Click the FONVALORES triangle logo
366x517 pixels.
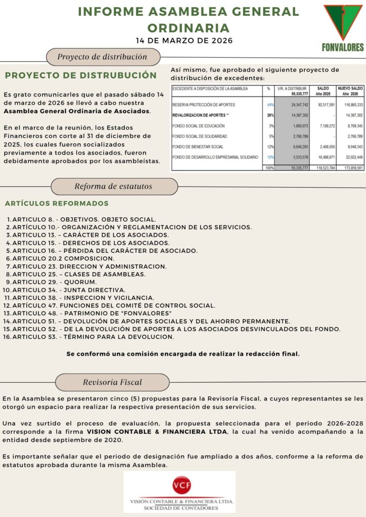tap(343, 23)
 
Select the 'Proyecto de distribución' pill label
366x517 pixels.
tap(102, 57)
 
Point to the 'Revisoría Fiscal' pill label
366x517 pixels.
tap(112, 382)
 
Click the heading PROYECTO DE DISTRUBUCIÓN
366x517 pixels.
tap(81, 75)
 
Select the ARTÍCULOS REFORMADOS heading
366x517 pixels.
tap(57, 203)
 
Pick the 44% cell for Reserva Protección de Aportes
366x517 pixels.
tap(269, 105)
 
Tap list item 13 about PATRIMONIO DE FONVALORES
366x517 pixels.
tap(92, 313)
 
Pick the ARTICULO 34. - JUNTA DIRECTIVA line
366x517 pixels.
tap(69, 290)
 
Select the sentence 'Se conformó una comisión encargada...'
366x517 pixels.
tap(183, 354)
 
